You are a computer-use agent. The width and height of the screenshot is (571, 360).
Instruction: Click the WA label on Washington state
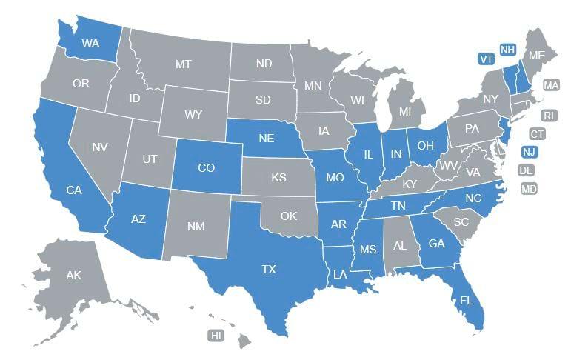pos(90,44)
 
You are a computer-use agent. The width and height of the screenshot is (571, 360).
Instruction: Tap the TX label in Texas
pos(268,270)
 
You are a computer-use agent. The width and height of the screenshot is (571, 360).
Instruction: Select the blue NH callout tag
pos(507,50)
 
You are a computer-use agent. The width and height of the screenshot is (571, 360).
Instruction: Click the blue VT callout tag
pos(486,59)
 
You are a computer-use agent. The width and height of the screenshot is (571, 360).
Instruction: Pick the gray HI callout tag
pos(216,336)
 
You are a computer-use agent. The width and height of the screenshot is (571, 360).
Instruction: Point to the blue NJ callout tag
pos(528,152)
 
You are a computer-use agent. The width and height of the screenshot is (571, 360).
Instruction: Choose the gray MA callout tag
pos(550,85)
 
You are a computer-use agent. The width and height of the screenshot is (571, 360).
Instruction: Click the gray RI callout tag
pos(548,116)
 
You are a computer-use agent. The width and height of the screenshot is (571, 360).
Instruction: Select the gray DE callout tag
pos(527,170)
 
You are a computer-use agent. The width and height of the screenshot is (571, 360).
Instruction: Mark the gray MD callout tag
pos(529,189)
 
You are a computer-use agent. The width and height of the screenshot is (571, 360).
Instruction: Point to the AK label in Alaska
pos(73,276)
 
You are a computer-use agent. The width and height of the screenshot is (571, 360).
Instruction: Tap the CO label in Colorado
pos(207,168)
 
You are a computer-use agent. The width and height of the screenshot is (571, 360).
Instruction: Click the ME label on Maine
pos(535,55)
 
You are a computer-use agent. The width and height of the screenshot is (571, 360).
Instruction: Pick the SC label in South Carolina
pos(461,221)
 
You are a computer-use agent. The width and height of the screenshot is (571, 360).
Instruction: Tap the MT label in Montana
pos(184,64)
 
